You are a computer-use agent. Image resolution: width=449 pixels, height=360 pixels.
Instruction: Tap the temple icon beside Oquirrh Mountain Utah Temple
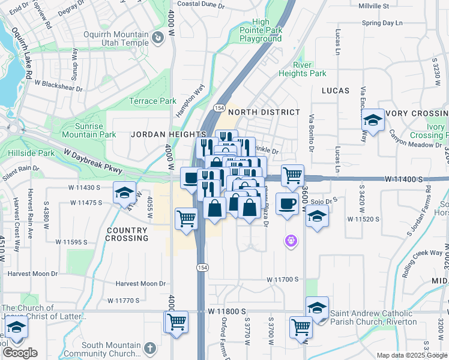pos(158,38)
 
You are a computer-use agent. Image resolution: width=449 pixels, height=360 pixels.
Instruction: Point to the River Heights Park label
pos(302,69)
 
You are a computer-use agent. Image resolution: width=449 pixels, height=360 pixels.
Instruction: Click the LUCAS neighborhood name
pos(336,90)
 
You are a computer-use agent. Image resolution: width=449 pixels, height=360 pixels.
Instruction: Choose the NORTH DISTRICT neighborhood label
pos(264,112)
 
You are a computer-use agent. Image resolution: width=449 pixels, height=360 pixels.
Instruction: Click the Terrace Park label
pos(153,101)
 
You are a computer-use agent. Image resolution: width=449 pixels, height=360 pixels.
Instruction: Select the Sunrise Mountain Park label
pos(88,130)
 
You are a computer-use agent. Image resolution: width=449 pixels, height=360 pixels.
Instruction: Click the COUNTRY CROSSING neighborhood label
pos(127,234)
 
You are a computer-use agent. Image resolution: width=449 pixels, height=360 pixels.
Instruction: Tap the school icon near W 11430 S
pos(124,193)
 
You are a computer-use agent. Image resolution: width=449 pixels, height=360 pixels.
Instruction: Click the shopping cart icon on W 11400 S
pos(292,175)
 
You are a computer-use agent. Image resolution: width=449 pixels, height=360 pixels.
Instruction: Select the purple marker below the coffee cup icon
pos(291,241)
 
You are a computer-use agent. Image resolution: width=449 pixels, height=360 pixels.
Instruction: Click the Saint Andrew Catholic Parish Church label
pos(373,317)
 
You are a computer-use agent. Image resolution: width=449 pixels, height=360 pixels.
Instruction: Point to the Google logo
pos(19,352)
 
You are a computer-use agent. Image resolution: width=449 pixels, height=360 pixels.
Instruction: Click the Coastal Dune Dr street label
pos(200,4)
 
